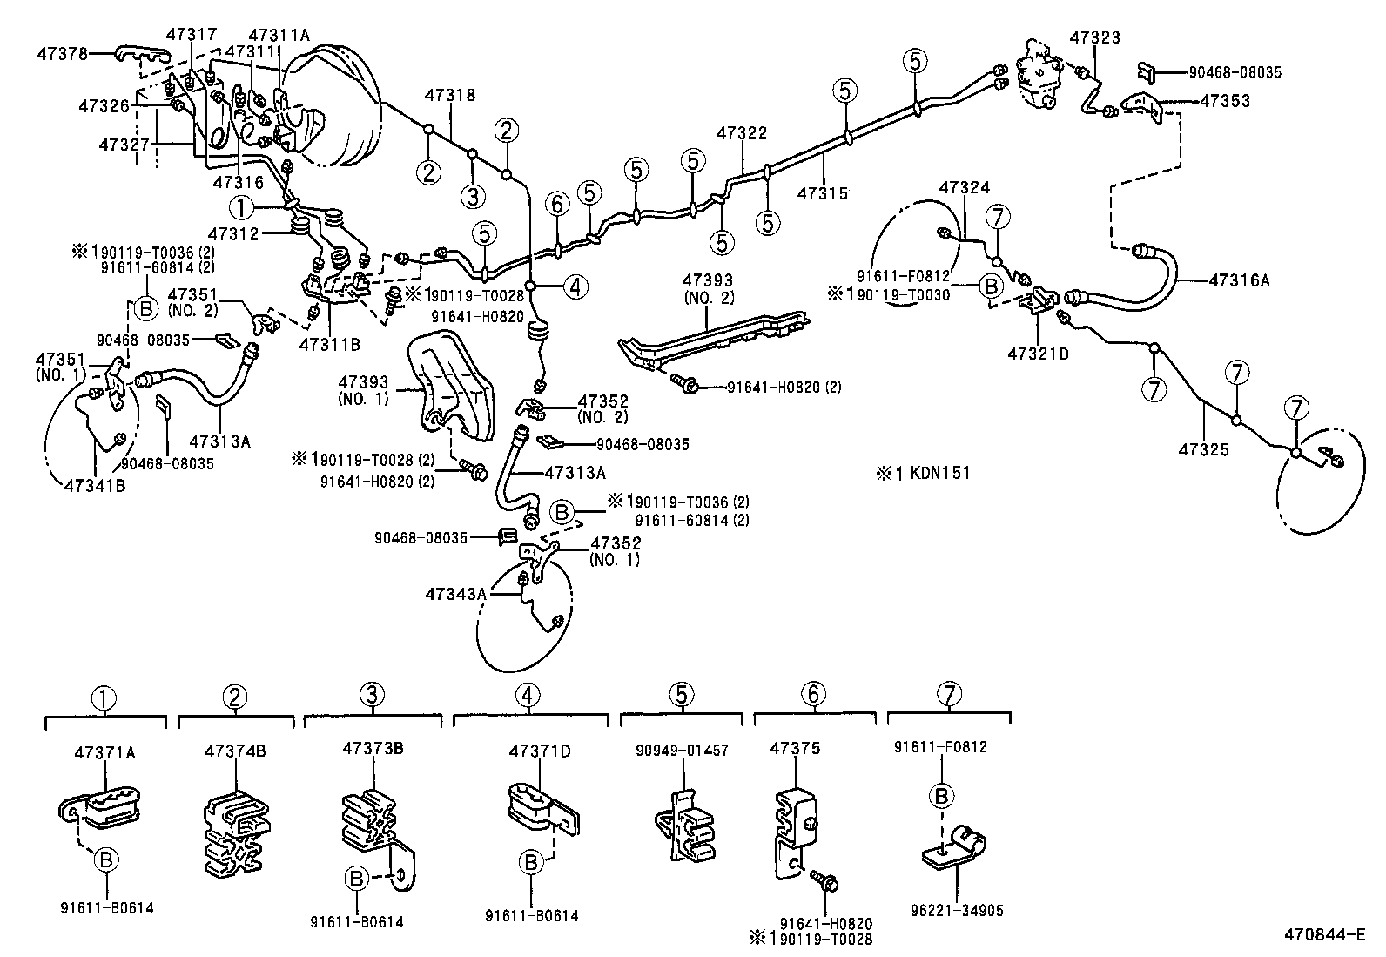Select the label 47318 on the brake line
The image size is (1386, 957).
[450, 95]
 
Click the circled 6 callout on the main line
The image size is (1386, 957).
[557, 205]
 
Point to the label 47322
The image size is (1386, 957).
[742, 133]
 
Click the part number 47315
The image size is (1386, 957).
[822, 194]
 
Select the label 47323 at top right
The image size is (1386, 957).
[1094, 37]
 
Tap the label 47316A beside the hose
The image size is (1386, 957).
[1240, 280]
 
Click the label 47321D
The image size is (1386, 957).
[1038, 354]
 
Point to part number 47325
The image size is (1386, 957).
[1204, 450]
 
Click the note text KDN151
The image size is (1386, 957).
[939, 474]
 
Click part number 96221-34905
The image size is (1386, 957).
[956, 911]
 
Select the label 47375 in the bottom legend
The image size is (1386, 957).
[795, 749]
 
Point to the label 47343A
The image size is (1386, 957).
[455, 594]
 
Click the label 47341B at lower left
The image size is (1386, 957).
[94, 486]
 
